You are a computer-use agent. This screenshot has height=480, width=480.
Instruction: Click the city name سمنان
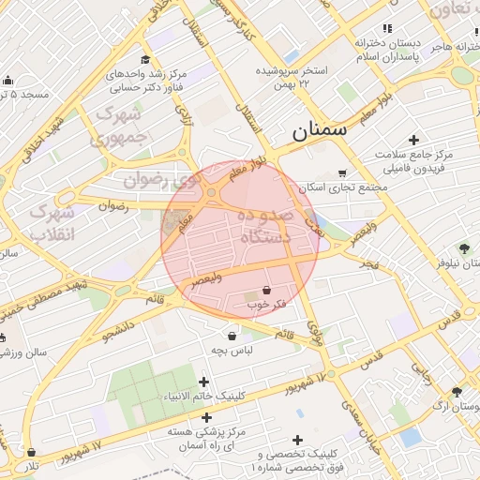click(319, 130)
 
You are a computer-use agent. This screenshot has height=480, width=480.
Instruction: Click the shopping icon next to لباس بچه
click(232, 335)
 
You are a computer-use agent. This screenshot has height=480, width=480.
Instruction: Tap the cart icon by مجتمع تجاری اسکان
click(342, 172)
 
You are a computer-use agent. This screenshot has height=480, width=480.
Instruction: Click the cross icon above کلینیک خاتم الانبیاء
click(205, 381)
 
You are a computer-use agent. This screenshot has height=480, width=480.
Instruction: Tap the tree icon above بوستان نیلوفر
click(464, 247)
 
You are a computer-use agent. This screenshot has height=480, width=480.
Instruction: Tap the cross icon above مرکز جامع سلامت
click(413, 140)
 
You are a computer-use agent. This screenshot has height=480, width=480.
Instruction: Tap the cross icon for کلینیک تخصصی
click(298, 440)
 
